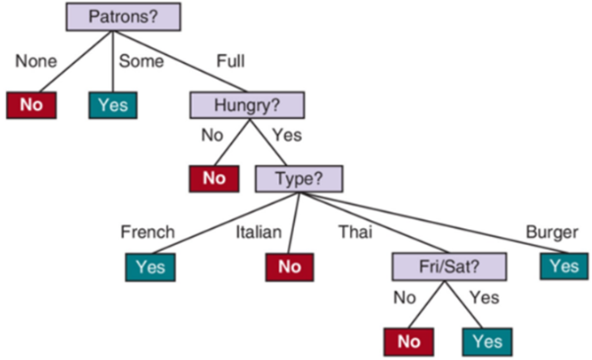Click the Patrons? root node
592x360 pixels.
tap(114, 16)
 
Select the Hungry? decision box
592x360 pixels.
tap(247, 103)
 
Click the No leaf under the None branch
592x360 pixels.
tap(31, 104)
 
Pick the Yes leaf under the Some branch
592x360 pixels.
tap(113, 104)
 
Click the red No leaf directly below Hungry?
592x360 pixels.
tap(214, 178)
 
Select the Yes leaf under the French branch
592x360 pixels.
tap(150, 266)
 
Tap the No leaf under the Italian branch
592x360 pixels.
tap(288, 266)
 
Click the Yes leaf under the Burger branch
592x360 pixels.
tap(563, 266)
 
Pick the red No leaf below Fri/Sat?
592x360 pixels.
tap(407, 340)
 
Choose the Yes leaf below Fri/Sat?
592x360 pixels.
tap(487, 340)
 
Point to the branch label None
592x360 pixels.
tap(36, 60)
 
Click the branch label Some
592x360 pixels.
tap(141, 60)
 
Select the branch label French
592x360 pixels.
tap(148, 232)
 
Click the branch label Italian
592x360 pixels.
tap(259, 232)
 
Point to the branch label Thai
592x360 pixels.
tap(355, 232)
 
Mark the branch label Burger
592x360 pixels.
tap(552, 232)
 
